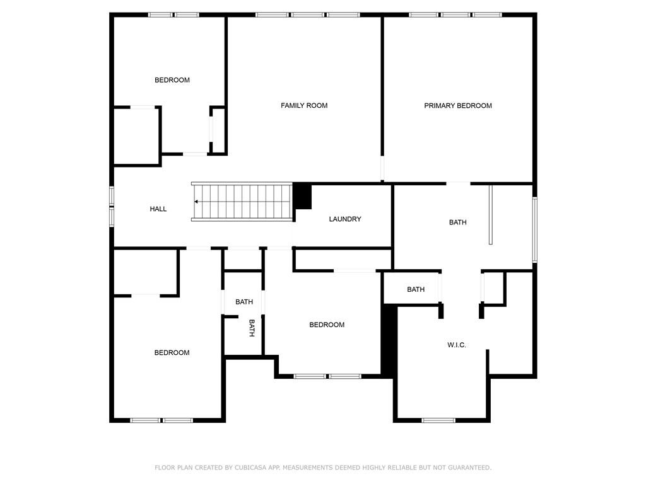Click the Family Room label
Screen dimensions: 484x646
pyautogui.click(x=304, y=106)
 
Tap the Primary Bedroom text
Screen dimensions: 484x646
pyautogui.click(x=457, y=106)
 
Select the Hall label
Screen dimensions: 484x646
pyautogui.click(x=158, y=209)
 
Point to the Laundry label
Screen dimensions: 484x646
pyautogui.click(x=345, y=219)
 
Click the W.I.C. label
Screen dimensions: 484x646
pyautogui.click(x=457, y=345)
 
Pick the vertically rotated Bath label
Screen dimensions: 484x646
pyautogui.click(x=251, y=328)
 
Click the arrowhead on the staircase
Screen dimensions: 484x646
pyautogui.click(x=197, y=202)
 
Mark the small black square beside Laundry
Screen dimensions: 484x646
pyautogui.click(x=303, y=196)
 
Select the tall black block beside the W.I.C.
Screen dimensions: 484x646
pyautogui.click(x=390, y=340)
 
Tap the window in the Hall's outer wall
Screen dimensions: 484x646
pyautogui.click(x=112, y=206)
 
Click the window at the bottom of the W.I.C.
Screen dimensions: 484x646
pyautogui.click(x=438, y=420)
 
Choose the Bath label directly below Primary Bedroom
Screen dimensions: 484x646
pyautogui.click(x=458, y=222)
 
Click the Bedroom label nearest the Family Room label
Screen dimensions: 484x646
pyautogui.click(x=172, y=80)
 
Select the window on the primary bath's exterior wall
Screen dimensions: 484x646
pyautogui.click(x=534, y=229)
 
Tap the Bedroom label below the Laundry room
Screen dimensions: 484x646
pyautogui.click(x=327, y=325)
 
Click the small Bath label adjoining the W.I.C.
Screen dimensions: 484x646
pyautogui.click(x=416, y=290)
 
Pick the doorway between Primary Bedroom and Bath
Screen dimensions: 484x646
pyautogui.click(x=459, y=183)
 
